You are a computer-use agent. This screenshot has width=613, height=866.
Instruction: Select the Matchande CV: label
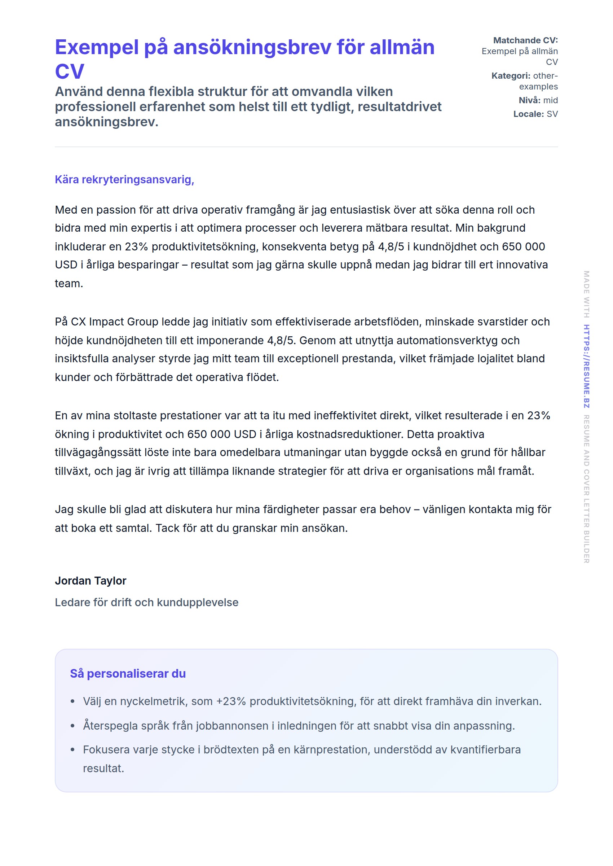[x=525, y=40]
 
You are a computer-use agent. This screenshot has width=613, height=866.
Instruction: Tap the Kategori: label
[x=511, y=76]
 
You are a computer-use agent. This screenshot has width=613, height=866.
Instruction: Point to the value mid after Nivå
[x=550, y=100]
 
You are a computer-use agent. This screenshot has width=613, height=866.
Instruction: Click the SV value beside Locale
[x=552, y=114]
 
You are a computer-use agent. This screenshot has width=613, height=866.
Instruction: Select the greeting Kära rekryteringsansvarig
[x=124, y=179]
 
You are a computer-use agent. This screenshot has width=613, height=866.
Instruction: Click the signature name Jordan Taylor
[x=91, y=581]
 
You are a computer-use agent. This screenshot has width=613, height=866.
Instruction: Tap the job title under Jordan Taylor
[x=146, y=602]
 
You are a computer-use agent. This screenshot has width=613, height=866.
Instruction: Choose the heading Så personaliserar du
[x=128, y=673]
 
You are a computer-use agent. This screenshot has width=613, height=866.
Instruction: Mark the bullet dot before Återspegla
[x=72, y=726]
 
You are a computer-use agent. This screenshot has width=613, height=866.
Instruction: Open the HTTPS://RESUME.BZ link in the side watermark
[x=586, y=366]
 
